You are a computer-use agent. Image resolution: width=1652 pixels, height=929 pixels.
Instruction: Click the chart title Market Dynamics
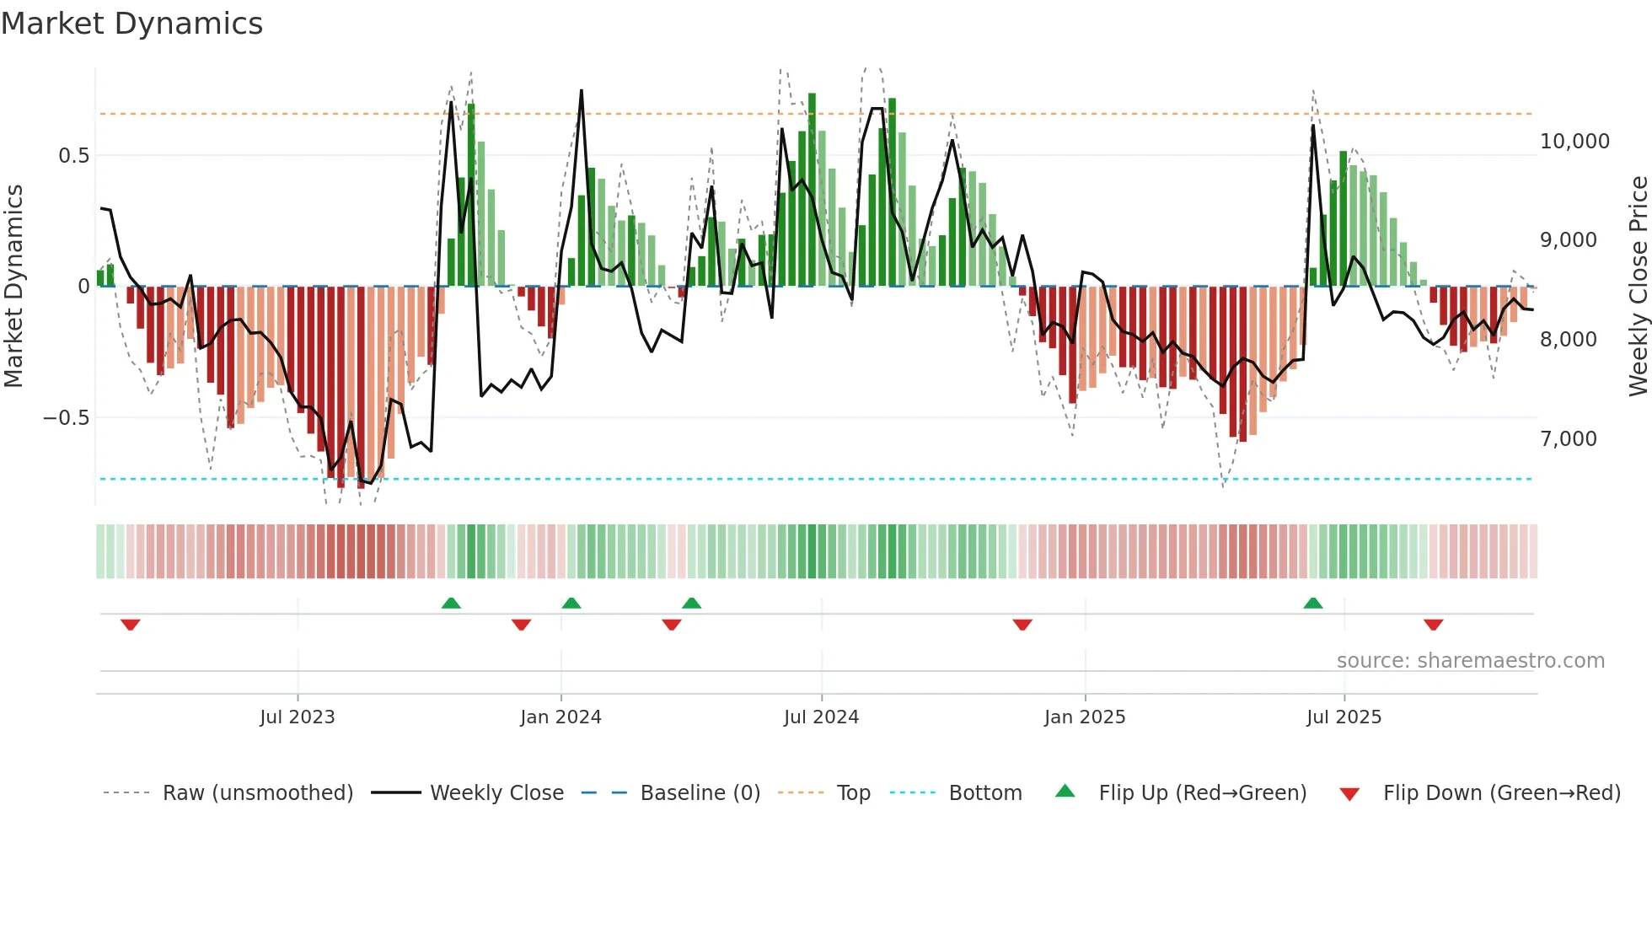(131, 24)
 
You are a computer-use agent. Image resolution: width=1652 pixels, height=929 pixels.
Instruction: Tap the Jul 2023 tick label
(297, 717)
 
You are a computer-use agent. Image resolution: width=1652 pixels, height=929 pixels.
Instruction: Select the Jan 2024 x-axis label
(560, 717)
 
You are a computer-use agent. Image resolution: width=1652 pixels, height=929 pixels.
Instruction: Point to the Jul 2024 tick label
(821, 717)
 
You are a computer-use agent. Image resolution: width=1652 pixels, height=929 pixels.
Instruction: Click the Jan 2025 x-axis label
(1084, 717)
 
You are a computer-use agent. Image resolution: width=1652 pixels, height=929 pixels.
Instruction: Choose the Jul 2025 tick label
(1344, 717)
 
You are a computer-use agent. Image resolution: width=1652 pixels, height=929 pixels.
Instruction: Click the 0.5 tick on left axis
(73, 156)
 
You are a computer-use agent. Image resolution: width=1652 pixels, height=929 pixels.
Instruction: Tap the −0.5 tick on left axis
(66, 418)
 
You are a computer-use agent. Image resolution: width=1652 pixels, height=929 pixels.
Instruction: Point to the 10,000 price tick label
(1574, 142)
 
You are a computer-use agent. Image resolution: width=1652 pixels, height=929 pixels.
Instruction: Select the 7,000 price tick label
(1568, 439)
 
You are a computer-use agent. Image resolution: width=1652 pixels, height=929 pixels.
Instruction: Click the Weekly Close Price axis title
(1638, 287)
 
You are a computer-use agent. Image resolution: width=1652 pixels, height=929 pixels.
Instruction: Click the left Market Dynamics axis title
(13, 287)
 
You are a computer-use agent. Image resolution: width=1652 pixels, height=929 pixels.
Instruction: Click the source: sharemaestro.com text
(1470, 661)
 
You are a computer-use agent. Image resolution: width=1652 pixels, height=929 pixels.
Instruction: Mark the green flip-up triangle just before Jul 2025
(1312, 604)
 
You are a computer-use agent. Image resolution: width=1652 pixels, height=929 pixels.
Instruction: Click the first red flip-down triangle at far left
(130, 625)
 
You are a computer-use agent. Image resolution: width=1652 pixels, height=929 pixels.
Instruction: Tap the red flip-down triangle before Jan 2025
(1022, 625)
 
